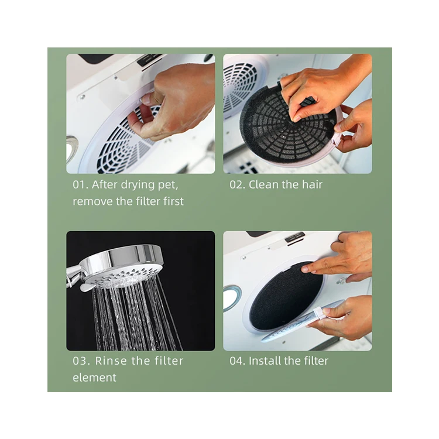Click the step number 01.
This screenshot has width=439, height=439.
(x=80, y=185)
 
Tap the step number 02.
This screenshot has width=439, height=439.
(x=237, y=185)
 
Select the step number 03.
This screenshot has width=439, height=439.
(x=81, y=361)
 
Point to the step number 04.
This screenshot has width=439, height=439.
(x=237, y=361)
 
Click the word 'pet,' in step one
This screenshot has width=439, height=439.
(x=168, y=186)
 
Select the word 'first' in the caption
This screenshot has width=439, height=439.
(x=174, y=201)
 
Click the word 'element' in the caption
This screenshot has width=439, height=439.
(x=94, y=378)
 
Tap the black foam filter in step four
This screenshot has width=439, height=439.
(x=286, y=296)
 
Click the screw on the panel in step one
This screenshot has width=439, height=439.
(x=83, y=97)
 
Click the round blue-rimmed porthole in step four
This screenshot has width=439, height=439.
(x=232, y=297)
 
